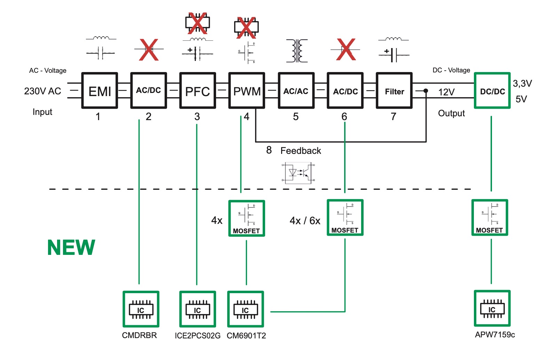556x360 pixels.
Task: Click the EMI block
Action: (100, 91)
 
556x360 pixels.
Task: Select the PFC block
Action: (197, 91)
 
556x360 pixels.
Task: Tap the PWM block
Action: (247, 91)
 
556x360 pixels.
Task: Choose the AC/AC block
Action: (296, 91)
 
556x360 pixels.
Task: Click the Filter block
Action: (394, 91)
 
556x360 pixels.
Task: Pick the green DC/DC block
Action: (492, 91)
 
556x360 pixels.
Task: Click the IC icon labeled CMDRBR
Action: (141, 309)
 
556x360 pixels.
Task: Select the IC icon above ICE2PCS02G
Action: (197, 309)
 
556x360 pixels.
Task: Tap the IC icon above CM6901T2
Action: (245, 309)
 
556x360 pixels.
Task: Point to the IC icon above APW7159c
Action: (492, 308)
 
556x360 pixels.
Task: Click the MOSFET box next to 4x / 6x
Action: (345, 218)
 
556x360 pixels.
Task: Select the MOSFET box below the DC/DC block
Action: (490, 218)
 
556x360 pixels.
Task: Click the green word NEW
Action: (71, 248)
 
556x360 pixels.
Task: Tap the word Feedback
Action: (301, 151)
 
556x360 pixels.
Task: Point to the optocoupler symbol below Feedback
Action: (298, 173)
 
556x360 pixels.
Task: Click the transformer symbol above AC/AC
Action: (297, 51)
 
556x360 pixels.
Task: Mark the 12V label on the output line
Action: (446, 92)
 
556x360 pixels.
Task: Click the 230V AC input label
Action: (42, 91)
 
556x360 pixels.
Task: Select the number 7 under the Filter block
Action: (394, 117)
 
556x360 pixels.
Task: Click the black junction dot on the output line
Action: (426, 91)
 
